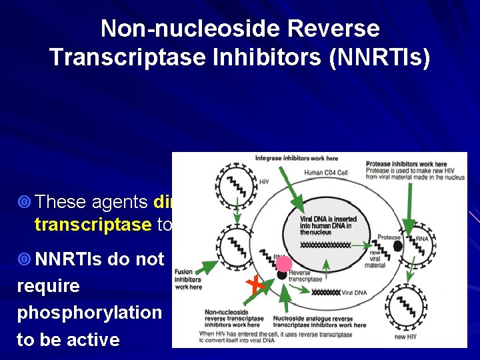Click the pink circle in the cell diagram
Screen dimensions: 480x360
coord(285,264)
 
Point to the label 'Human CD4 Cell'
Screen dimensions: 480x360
coord(326,173)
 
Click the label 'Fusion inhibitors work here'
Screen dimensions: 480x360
coord(188,279)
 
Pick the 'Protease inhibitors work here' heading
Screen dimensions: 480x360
coord(407,164)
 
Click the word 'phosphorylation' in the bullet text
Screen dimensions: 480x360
coord(89,313)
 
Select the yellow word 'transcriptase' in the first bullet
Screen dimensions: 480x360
coord(94,225)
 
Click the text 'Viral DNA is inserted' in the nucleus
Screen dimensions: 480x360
coord(329,219)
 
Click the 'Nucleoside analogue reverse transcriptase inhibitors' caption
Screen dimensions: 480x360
coord(324,322)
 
